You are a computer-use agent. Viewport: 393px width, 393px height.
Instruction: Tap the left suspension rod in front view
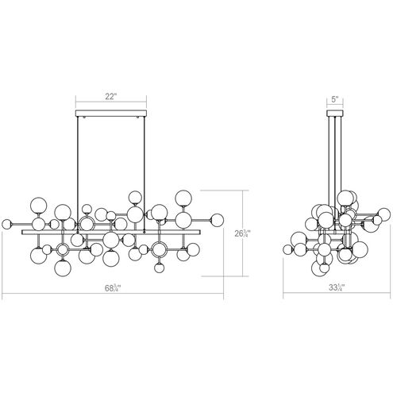point(79,159)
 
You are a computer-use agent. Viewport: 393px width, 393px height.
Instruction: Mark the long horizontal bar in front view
point(111,233)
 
